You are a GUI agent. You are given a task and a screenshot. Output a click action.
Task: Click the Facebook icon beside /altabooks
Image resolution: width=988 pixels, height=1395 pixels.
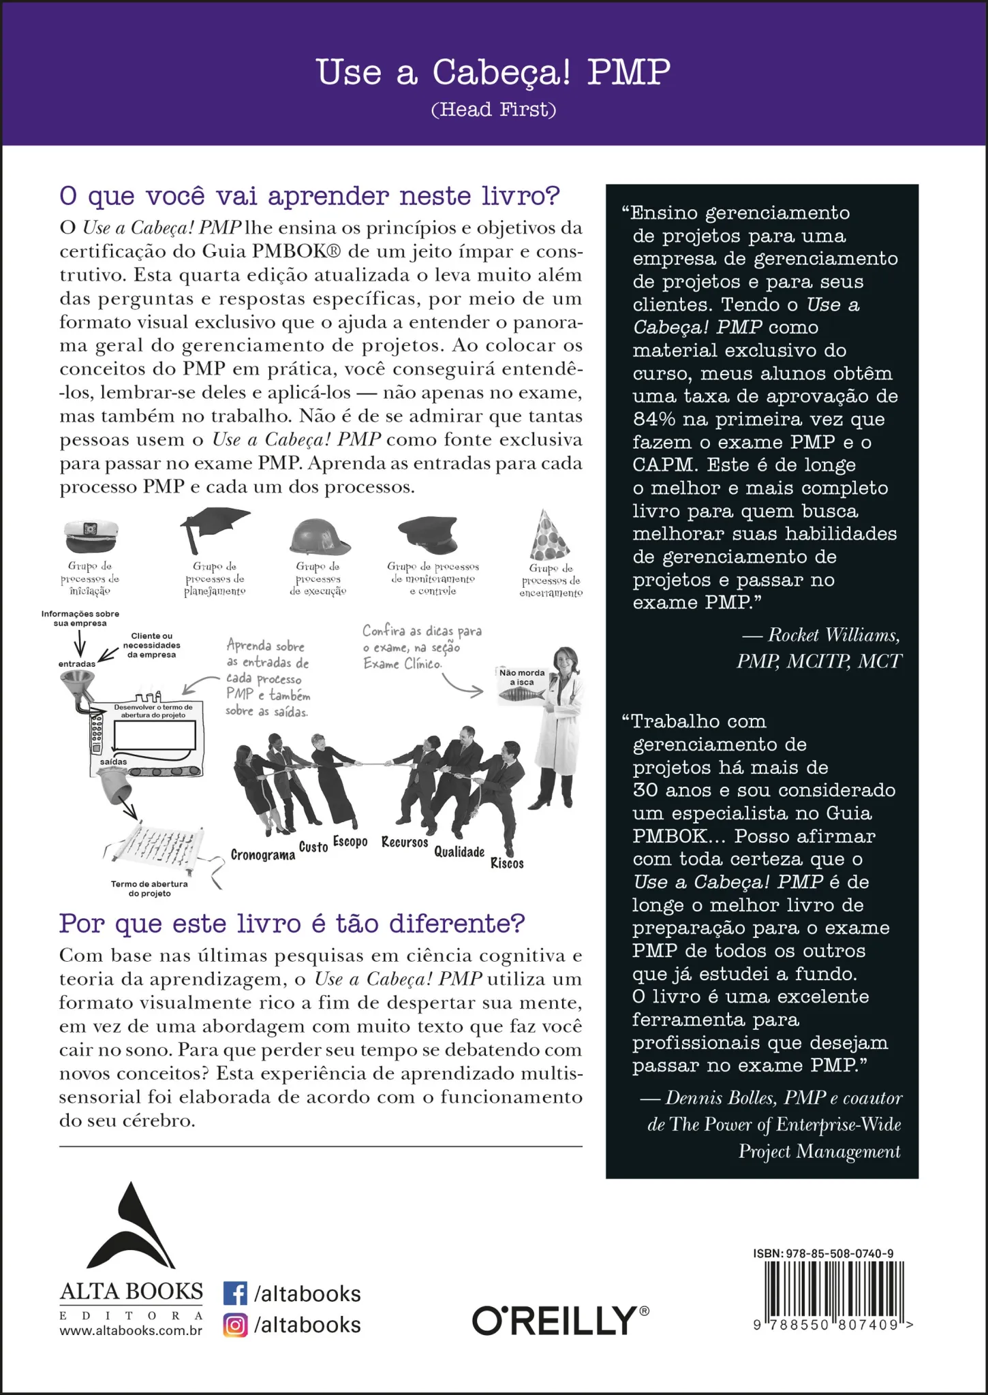[235, 1294]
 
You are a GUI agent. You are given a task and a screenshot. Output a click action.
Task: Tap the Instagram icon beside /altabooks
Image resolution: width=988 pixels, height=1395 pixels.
[235, 1325]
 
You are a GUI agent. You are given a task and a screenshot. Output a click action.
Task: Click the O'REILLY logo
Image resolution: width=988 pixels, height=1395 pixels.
[560, 1321]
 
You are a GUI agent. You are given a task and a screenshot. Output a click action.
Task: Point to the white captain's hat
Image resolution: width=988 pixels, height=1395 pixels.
[91, 535]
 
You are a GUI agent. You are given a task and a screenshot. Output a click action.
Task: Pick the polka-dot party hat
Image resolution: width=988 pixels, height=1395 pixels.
[549, 535]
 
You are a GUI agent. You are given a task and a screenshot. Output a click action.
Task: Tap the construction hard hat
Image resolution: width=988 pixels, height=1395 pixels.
[318, 537]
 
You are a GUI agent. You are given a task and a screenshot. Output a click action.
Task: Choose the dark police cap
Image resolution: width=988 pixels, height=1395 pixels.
[428, 533]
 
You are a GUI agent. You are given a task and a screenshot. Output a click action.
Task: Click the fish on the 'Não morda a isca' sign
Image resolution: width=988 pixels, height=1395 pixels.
[521, 694]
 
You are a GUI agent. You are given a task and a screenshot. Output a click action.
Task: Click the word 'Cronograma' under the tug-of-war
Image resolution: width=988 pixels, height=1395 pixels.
[262, 855]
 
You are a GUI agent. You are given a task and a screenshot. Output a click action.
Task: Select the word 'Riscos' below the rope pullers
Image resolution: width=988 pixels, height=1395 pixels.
[507, 864]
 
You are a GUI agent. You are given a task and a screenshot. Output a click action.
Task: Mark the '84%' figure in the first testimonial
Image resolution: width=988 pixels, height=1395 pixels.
[653, 419]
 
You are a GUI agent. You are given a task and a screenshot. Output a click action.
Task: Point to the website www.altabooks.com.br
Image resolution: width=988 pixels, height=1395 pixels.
[131, 1330]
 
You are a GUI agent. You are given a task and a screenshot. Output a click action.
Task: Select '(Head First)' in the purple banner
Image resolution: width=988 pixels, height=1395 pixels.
[493, 110]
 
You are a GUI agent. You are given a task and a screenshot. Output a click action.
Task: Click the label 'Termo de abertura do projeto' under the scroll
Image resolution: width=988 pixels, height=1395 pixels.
[149, 888]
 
